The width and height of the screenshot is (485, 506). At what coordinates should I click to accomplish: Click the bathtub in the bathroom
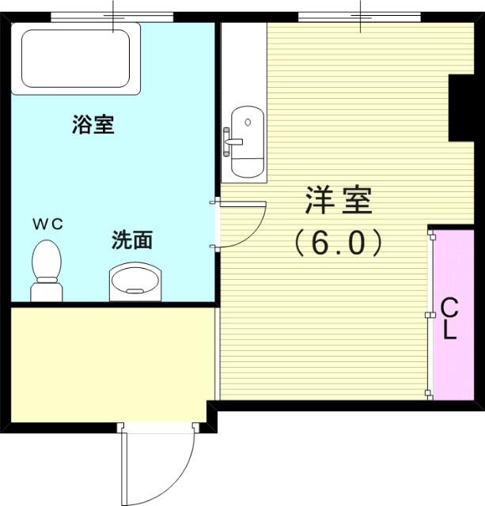click(x=76, y=59)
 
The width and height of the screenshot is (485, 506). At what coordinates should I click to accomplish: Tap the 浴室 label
click(x=93, y=124)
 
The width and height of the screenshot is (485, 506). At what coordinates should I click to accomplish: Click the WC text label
click(x=47, y=224)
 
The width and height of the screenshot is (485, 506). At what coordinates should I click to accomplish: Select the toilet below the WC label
click(x=47, y=271)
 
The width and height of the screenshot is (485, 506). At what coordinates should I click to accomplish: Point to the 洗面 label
click(x=132, y=240)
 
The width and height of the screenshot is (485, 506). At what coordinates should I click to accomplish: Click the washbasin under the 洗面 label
click(x=135, y=281)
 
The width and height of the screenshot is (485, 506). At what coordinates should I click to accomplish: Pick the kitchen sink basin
click(x=248, y=142)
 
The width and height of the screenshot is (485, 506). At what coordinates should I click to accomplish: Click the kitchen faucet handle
click(x=233, y=142)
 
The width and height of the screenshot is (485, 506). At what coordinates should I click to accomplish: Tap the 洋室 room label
click(x=339, y=200)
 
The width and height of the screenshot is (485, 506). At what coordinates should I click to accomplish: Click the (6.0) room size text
click(x=339, y=242)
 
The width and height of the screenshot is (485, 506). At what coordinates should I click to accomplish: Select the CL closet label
click(x=449, y=318)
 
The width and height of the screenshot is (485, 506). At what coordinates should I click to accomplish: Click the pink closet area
click(x=453, y=315)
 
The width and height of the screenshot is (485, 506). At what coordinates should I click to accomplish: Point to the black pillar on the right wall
click(x=461, y=108)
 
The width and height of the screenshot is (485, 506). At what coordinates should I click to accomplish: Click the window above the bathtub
click(x=112, y=17)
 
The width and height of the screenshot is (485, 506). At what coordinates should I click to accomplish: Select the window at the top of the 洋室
click(x=359, y=17)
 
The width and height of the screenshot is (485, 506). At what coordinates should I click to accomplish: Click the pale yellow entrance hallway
click(x=112, y=364)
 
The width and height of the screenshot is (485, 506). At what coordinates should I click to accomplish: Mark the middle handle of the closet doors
click(x=429, y=315)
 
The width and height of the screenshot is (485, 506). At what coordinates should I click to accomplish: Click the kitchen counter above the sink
click(x=244, y=64)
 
